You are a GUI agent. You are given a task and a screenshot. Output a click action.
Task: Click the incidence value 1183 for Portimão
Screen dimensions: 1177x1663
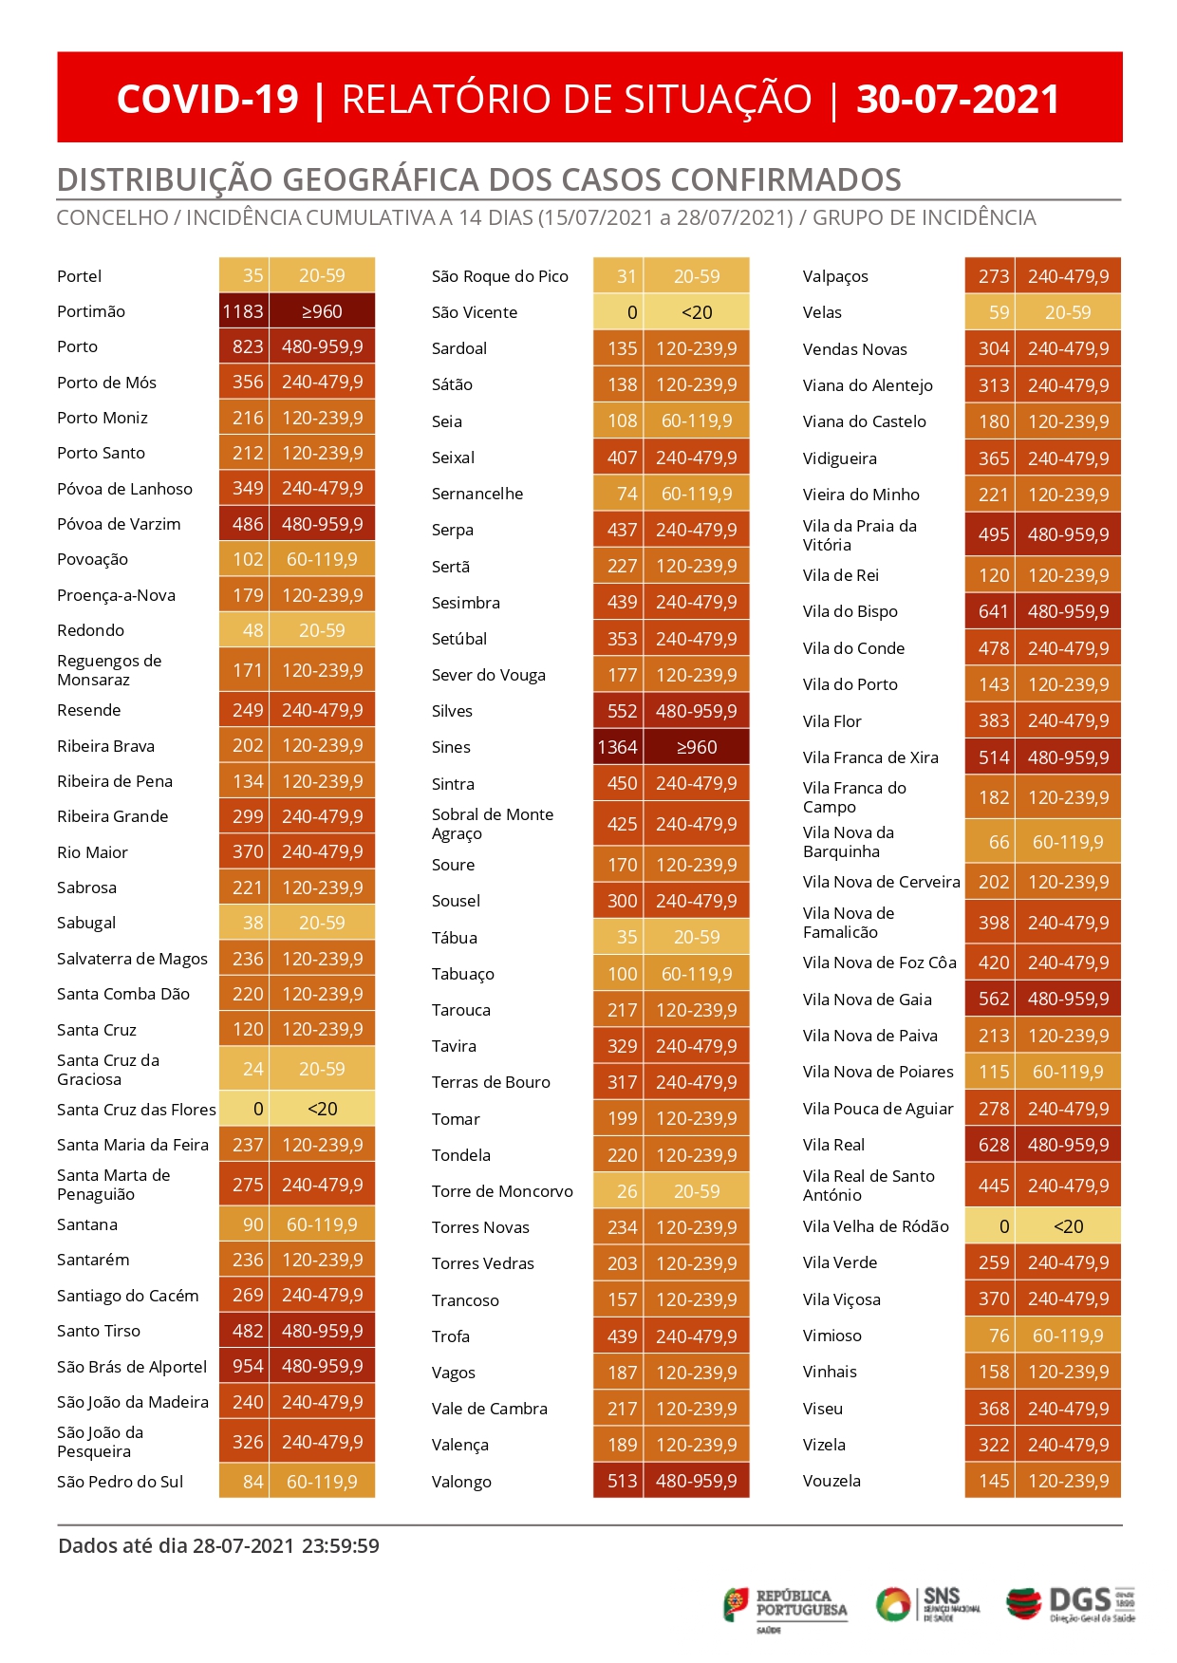pyautogui.click(x=243, y=311)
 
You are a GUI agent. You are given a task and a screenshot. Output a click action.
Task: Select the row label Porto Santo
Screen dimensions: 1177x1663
pyautogui.click(x=101, y=453)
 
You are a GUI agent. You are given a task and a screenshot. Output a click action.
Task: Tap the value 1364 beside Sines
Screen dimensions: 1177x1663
pyautogui.click(x=617, y=747)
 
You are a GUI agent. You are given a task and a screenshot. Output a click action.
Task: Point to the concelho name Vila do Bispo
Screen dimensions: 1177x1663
pyautogui.click(x=850, y=611)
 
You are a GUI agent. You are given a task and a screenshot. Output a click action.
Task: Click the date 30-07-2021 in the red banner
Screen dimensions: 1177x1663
pyautogui.click(x=958, y=99)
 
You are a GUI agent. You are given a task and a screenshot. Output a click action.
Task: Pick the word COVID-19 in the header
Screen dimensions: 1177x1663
pyautogui.click(x=207, y=99)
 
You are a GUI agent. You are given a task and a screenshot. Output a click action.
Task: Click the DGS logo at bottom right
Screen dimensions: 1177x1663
pyautogui.click(x=1071, y=1605)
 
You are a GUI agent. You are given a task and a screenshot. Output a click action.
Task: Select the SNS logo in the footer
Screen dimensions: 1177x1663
pyautogui.click(x=927, y=1604)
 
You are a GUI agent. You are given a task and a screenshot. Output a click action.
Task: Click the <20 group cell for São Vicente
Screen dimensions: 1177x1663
pyautogui.click(x=697, y=312)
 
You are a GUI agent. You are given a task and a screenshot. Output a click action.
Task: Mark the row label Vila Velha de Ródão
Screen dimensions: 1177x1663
pyautogui.click(x=875, y=1226)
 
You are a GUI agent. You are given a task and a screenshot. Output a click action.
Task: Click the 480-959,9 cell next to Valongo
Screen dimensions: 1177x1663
pyautogui.click(x=697, y=1481)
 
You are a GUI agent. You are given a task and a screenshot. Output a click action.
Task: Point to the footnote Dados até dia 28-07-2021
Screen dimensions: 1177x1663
pyautogui.click(x=177, y=1545)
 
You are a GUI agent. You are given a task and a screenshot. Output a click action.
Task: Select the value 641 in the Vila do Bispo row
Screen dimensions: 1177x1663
pyautogui.click(x=994, y=611)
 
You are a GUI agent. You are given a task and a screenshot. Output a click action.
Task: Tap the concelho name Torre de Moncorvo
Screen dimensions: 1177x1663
pyautogui.click(x=502, y=1191)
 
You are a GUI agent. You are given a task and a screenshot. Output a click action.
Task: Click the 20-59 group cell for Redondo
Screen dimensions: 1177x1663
pyautogui.click(x=322, y=630)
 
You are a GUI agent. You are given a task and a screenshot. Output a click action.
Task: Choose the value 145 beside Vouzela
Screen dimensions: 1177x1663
pyautogui.click(x=994, y=1481)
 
